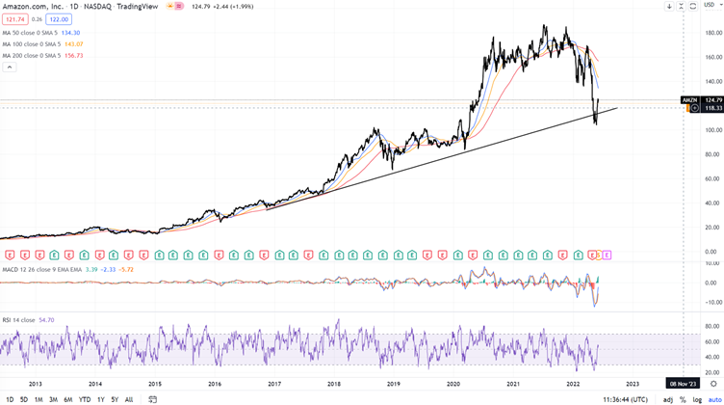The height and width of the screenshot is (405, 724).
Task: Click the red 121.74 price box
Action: pyautogui.click(x=15, y=19)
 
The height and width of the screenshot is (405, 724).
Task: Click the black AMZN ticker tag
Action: pyautogui.click(x=689, y=100)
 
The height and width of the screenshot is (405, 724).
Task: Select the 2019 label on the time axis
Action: pyautogui.click(x=393, y=384)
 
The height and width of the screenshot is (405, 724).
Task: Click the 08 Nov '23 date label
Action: pyautogui.click(x=684, y=384)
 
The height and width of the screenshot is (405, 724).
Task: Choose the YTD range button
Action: pyautogui.click(x=85, y=399)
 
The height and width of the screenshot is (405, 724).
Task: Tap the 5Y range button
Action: pyautogui.click(x=115, y=399)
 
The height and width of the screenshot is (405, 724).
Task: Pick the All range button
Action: pyautogui.click(x=129, y=399)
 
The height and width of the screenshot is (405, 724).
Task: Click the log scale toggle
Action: pyautogui.click(x=696, y=399)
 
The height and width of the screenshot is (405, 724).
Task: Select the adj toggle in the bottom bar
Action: pyautogui.click(x=668, y=399)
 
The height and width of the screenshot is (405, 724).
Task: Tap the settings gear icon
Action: pyautogui.click(x=712, y=384)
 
